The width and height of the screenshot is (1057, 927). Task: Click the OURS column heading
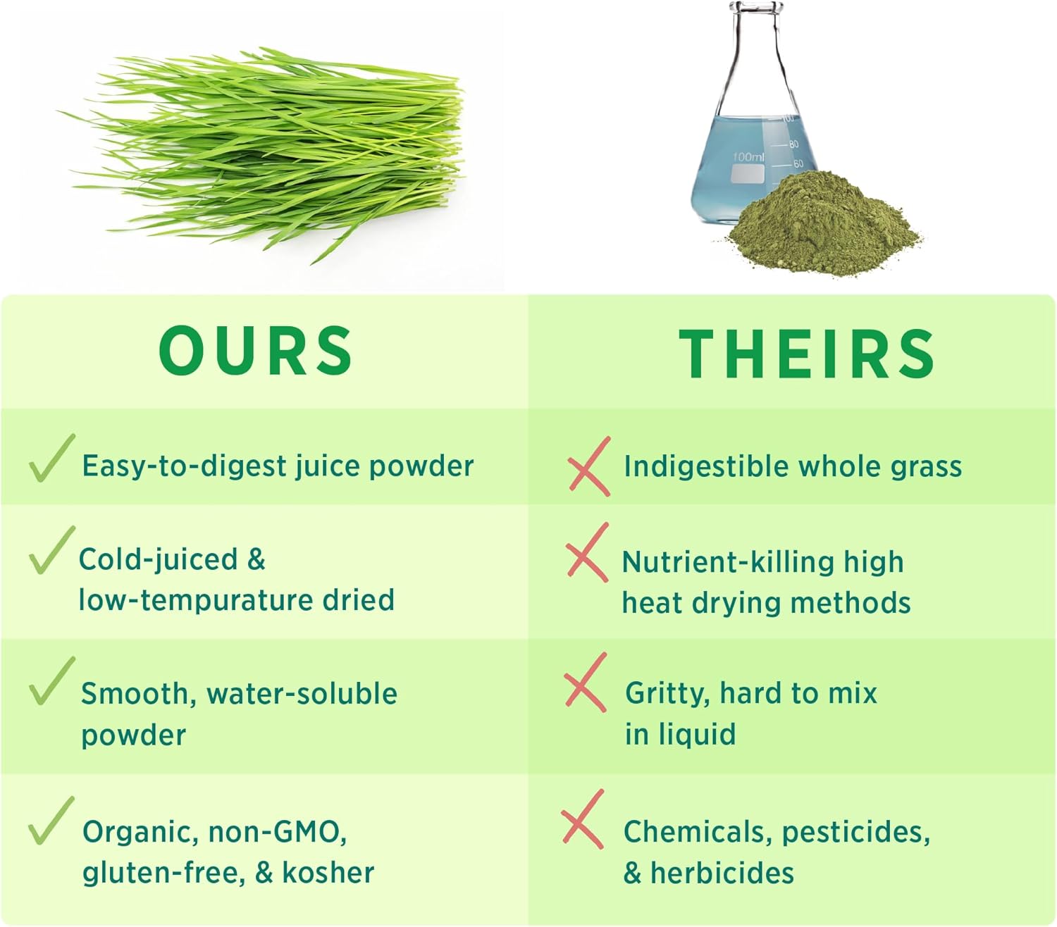pos(256,350)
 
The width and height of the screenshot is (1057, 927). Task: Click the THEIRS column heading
pos(807,353)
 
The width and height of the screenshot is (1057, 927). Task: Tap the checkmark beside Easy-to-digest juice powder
pos(51,459)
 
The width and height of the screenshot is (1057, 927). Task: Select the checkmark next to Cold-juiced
pos(51,551)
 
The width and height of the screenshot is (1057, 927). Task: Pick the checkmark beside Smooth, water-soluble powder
pos(51,682)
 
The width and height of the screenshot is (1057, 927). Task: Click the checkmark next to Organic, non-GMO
pos(51,821)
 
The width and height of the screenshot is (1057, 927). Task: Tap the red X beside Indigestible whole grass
pos(588,466)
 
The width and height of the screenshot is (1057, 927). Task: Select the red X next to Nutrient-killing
pos(587,553)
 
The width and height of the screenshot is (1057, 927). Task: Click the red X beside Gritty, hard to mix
pos(585,683)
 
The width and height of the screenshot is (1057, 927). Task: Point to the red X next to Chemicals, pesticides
pos(583,820)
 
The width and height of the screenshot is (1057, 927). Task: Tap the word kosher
pos(328,873)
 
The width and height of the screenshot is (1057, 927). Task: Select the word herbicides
pos(722,873)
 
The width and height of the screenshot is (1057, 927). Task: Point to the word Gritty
pos(667,694)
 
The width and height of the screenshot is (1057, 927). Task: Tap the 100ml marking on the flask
pos(748,156)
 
